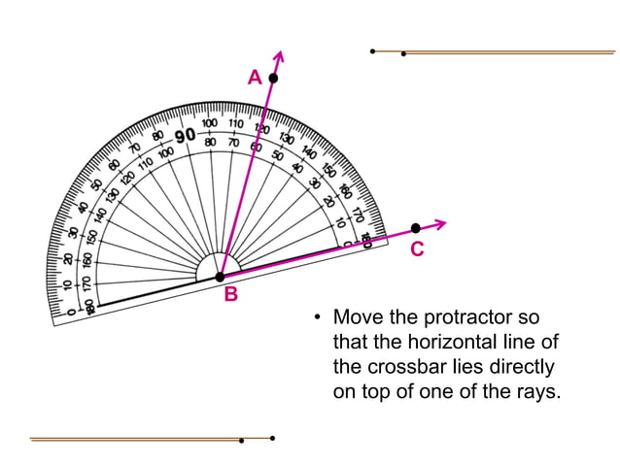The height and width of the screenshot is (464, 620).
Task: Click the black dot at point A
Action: point(274,77)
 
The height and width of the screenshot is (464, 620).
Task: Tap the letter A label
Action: point(254,77)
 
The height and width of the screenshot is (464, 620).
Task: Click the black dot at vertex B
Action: point(220,278)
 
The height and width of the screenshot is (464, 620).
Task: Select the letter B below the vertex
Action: point(231,295)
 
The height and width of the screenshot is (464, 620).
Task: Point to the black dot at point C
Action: point(416,228)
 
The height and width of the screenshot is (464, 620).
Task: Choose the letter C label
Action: point(417,249)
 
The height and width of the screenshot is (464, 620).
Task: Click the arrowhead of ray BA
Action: point(282,53)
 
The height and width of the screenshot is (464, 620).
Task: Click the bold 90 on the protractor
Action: point(185,135)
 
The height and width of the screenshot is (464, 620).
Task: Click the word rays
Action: point(537,394)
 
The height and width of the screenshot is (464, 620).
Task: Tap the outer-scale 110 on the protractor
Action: point(236,124)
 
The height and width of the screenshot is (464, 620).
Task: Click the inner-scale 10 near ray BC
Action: point(340,222)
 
